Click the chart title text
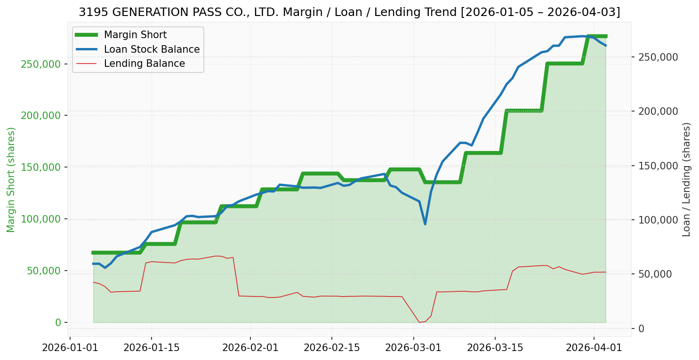pos(349,12)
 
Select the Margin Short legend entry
pos(135,35)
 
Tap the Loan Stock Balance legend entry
pos(152,49)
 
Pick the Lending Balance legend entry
pos(144,64)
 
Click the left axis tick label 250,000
pos(42,64)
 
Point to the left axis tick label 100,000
pos(42,219)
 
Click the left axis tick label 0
pos(58,323)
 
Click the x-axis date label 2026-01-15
pos(151,348)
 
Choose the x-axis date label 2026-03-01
pos(413,348)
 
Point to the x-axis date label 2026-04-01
pos(594,348)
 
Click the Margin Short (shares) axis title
pos(11,180)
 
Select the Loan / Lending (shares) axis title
pos(686,180)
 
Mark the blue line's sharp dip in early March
pos(425,224)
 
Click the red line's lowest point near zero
pos(419,322)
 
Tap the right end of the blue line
pos(606,46)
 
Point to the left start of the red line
pos(93,282)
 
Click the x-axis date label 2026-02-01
pos(250,348)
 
